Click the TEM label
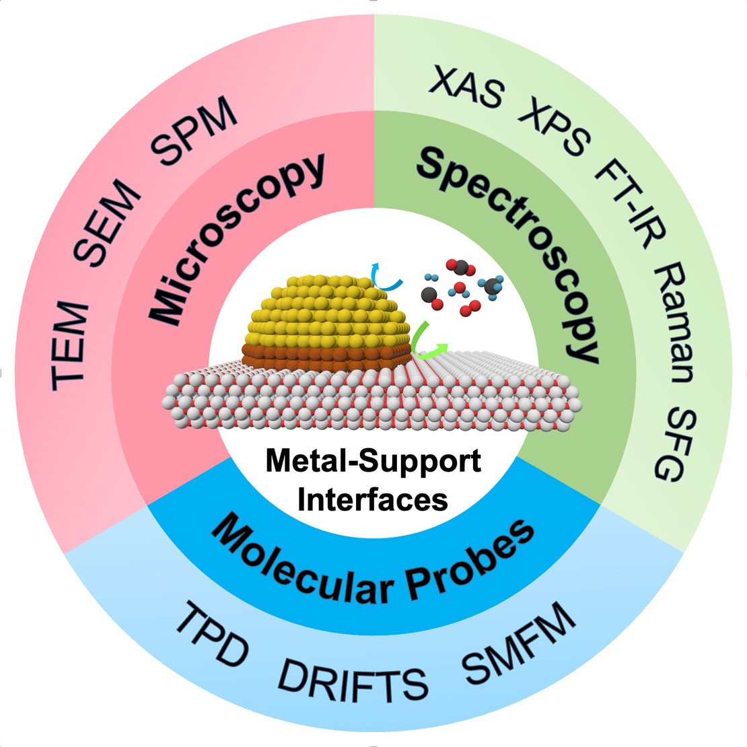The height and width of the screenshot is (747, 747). pyautogui.click(x=70, y=346)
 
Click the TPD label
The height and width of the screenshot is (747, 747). pyautogui.click(x=212, y=635)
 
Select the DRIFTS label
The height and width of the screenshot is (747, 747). pyautogui.click(x=353, y=680)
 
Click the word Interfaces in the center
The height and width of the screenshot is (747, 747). pyautogui.click(x=373, y=499)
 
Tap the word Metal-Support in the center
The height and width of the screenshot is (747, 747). pyautogui.click(x=373, y=462)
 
